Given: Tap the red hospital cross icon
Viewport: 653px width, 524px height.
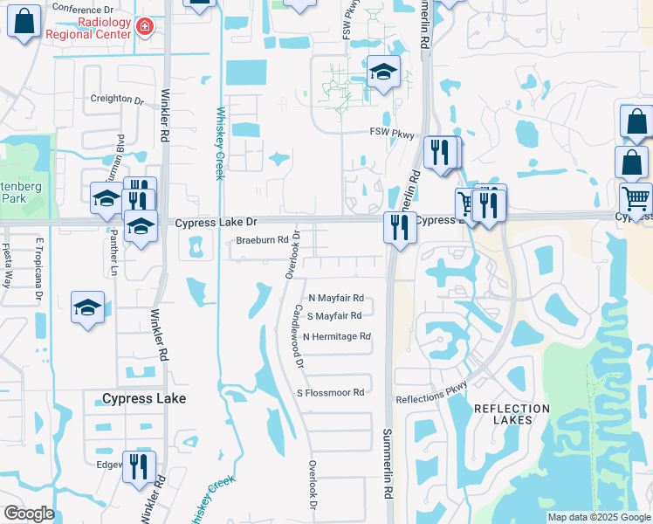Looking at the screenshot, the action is [x=145, y=29].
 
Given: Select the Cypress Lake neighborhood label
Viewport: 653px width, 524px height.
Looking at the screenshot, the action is [x=144, y=398].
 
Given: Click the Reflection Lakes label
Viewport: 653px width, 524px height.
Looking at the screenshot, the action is [x=503, y=414].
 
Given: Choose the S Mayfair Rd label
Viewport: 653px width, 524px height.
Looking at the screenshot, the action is [x=333, y=316].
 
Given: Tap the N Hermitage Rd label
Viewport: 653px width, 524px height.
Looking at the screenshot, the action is [x=337, y=336].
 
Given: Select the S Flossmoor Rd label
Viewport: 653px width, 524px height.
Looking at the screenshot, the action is [x=330, y=393].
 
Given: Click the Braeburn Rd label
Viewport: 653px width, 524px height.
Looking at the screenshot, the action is [x=259, y=240].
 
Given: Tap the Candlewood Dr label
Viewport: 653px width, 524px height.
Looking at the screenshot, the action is [x=299, y=335].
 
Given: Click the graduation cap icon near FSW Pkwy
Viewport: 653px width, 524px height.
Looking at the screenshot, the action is [x=382, y=73].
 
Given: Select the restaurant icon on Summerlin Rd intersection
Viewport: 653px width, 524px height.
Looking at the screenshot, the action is [x=399, y=229].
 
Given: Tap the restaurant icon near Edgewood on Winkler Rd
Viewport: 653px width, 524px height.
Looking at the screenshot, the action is [x=138, y=466].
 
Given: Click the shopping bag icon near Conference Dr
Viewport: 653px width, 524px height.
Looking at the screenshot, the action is [x=24, y=22].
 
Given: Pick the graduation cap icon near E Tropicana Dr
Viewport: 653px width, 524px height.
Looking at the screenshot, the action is [x=87, y=308].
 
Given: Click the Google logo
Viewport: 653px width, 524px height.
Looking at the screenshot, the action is [x=29, y=514].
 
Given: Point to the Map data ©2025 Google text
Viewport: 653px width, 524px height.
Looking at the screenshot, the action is [x=599, y=517].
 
